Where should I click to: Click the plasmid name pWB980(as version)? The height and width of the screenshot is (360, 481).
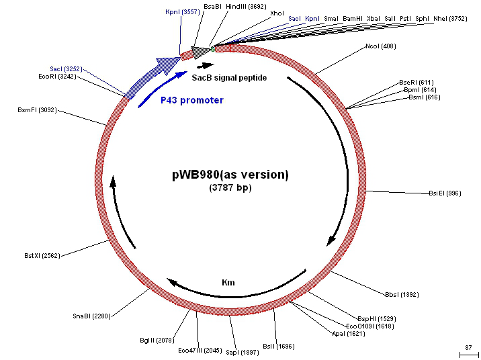point(230,175)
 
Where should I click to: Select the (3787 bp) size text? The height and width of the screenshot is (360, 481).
point(230,188)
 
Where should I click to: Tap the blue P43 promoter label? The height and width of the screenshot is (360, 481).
point(192,100)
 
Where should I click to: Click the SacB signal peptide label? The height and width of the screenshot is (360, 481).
point(229,78)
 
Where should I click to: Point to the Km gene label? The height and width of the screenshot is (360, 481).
point(228,283)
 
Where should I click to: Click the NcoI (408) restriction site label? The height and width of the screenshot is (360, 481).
point(380,46)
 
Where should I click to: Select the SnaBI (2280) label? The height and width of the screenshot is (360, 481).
point(91,316)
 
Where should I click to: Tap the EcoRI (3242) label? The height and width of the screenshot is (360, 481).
point(57,77)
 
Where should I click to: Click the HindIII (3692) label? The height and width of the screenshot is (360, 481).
point(246,6)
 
